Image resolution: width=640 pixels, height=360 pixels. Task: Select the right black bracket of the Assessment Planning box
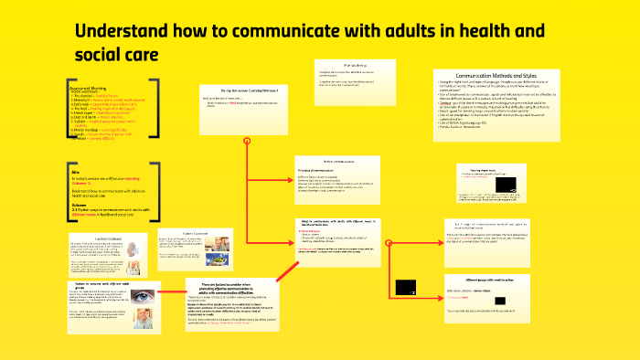point(155,114)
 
